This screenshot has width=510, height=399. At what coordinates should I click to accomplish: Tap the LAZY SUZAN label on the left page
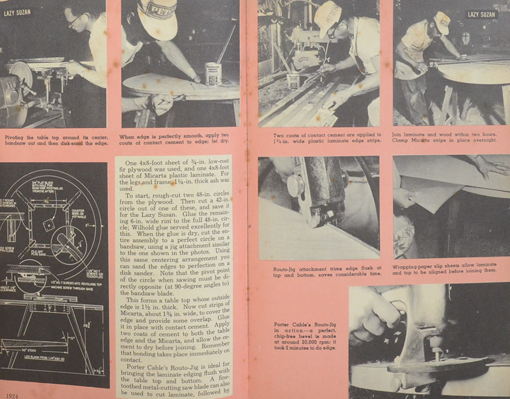(x=17, y=12)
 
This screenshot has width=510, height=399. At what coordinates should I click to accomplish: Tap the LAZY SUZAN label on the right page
(x=481, y=15)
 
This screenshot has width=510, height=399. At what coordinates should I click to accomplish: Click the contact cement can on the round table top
(x=213, y=73)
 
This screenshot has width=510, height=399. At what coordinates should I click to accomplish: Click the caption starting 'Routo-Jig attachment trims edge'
(x=320, y=270)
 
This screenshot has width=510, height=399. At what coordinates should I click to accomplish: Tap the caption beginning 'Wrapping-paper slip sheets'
(x=450, y=269)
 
